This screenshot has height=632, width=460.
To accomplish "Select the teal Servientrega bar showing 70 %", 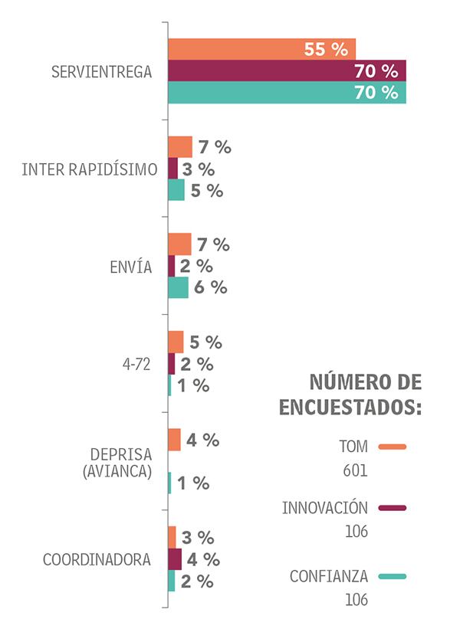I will (x=287, y=93).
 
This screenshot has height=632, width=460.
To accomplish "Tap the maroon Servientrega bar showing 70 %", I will (x=287, y=71).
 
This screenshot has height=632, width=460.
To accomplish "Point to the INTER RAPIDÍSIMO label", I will (x=90, y=169).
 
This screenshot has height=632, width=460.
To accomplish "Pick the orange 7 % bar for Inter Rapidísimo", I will (x=180, y=147).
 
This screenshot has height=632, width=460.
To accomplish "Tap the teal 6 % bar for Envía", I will (x=178, y=287).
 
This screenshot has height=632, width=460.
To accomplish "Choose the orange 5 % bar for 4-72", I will (x=176, y=342).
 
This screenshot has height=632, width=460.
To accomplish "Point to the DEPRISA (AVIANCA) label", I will (x=117, y=462).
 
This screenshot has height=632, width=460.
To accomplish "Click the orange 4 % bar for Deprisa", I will (x=174, y=440).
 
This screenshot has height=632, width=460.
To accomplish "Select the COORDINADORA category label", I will (x=97, y=559).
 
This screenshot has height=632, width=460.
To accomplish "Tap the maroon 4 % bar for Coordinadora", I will (x=175, y=559).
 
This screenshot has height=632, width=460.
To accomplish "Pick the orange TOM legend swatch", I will (x=392, y=447).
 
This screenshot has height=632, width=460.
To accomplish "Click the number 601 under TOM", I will (x=356, y=470).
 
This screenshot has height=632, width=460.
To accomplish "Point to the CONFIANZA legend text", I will (x=329, y=576).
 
